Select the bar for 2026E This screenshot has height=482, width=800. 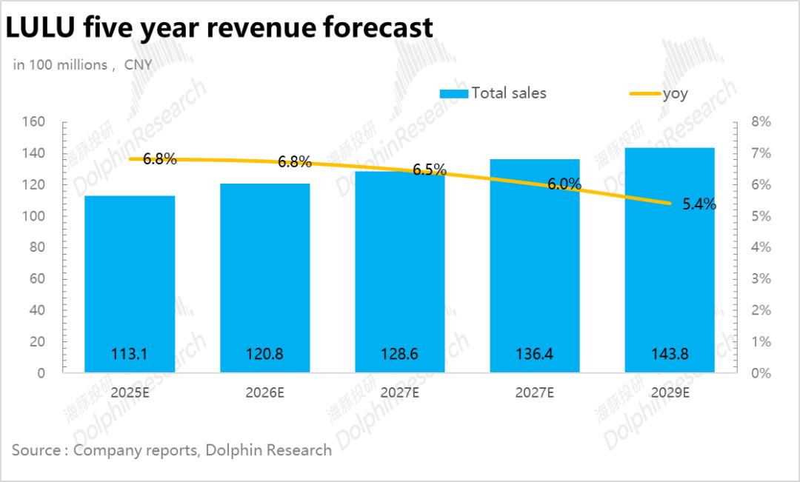point(264,278)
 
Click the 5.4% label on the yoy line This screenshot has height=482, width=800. point(699,204)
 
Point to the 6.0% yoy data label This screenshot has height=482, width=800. point(564,184)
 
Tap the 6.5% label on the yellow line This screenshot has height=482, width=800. point(429,170)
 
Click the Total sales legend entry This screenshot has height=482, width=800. point(493,93)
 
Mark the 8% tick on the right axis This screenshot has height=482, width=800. point(761,121)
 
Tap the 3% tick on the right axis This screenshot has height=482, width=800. point(761,279)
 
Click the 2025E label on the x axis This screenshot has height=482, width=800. point(130,392)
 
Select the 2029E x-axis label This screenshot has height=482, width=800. point(670,392)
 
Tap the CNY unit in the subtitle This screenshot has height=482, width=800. point(138,65)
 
